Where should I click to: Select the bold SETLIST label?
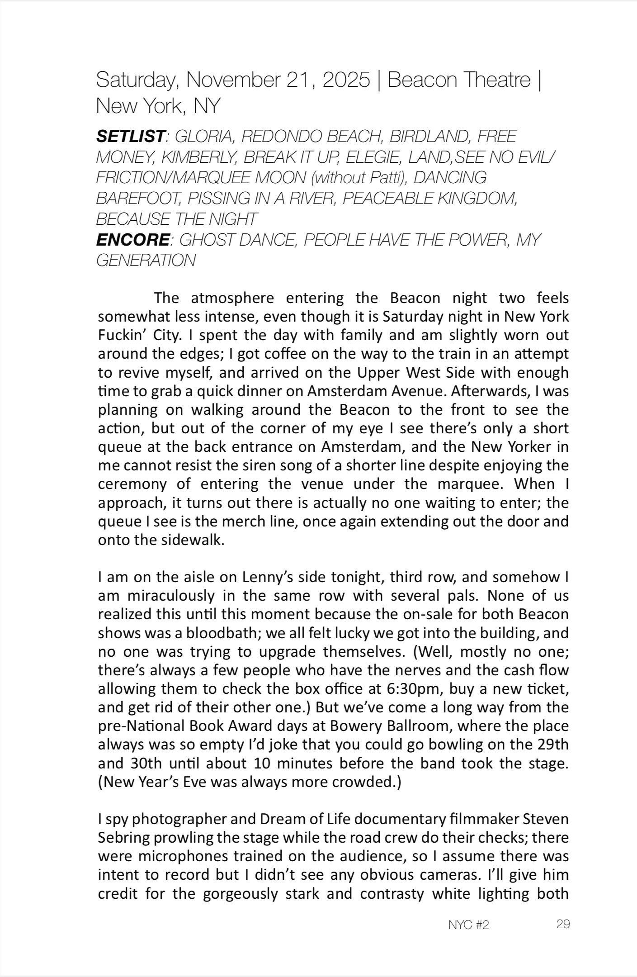129,136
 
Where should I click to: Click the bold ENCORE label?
132,240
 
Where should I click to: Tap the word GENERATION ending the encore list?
146,261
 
